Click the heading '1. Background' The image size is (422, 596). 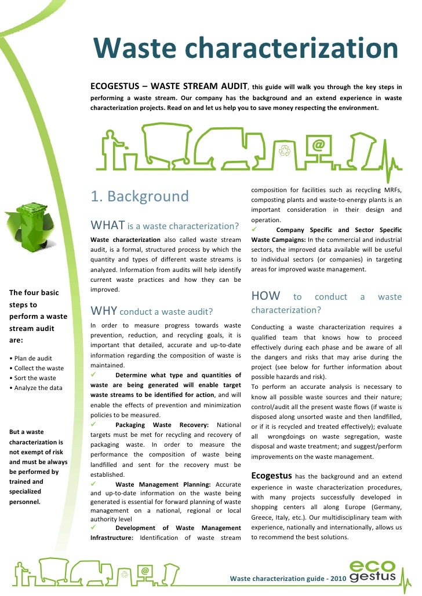140,197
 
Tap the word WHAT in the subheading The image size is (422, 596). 108,224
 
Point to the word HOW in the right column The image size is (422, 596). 265,296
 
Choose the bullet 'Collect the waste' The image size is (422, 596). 37,368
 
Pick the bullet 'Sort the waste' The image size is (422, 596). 33,378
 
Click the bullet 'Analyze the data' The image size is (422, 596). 36,388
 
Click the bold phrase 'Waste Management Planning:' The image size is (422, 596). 164,484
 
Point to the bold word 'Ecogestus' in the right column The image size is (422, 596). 271,476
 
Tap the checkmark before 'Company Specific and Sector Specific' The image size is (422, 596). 254,230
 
